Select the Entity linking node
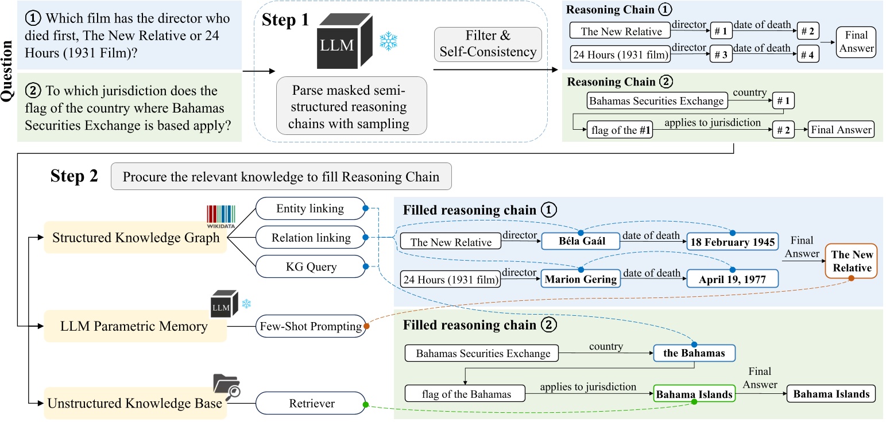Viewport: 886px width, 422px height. [310, 209]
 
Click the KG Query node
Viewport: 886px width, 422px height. [310, 266]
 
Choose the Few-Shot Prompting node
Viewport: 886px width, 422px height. [310, 326]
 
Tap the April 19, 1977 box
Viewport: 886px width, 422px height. [730, 280]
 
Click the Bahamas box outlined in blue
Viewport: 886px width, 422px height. [694, 353]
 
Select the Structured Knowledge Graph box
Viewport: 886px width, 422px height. [136, 237]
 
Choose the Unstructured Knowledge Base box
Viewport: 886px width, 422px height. [136, 403]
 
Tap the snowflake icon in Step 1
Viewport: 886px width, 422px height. [388, 41]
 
